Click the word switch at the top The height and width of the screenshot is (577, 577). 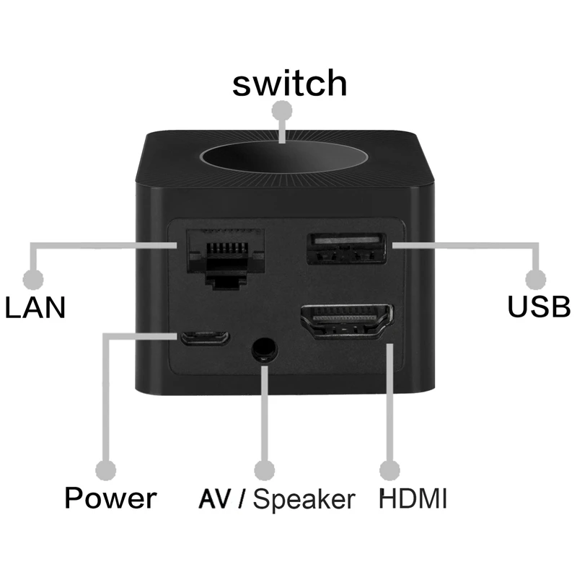point(289,83)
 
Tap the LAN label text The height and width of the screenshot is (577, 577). point(35,308)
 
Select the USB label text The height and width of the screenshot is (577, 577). point(539,307)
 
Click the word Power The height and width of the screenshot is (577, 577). point(110,498)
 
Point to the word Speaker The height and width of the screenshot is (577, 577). point(304,499)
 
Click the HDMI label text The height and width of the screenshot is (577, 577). point(413,498)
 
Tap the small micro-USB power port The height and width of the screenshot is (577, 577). point(205,338)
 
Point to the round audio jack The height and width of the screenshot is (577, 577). point(263,350)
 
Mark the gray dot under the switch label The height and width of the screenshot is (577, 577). point(285,110)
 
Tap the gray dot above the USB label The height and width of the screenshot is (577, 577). point(534,279)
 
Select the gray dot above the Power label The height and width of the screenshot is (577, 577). point(107,470)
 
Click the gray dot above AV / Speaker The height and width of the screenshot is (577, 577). point(265,470)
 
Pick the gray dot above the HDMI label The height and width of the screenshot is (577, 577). point(390,470)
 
